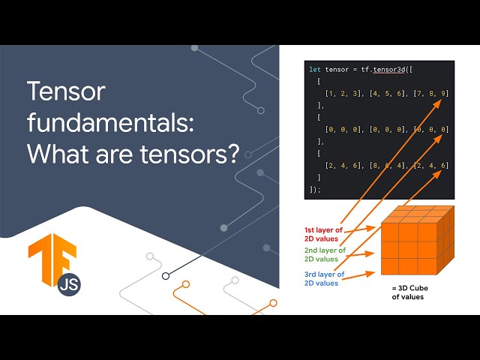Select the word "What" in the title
57,154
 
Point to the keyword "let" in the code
314,70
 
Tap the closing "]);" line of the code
314,189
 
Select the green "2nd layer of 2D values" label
325,254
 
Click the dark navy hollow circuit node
166,275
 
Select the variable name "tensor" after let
337,70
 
